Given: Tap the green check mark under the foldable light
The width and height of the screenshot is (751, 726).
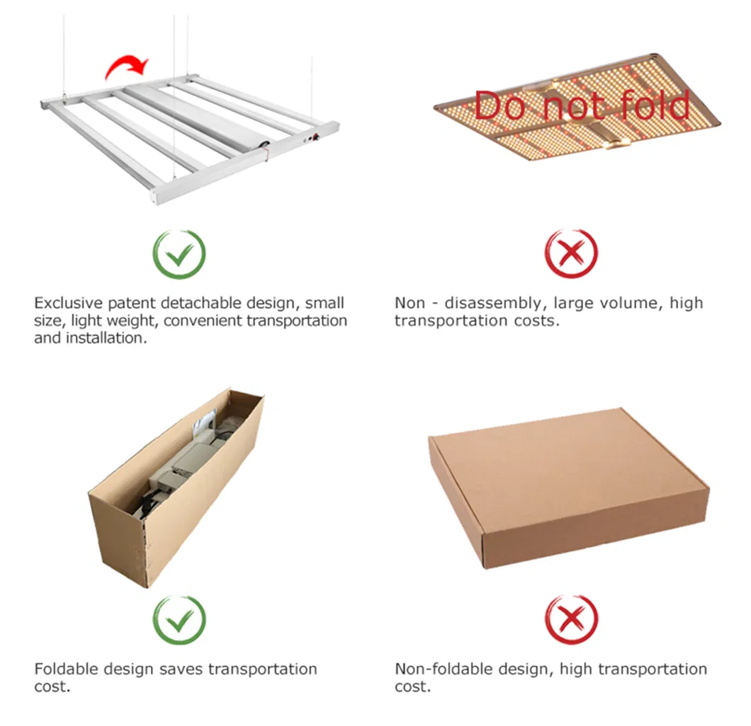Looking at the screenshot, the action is pyautogui.click(x=179, y=255).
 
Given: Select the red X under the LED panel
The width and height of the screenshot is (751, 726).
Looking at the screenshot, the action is pyautogui.click(x=571, y=253).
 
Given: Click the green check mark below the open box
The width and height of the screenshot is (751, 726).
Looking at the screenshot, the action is pyautogui.click(x=179, y=621).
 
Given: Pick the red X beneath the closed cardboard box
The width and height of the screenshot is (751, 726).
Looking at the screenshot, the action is pyautogui.click(x=571, y=620).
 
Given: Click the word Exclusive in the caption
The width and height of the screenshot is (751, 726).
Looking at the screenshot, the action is pyautogui.click(x=69, y=304).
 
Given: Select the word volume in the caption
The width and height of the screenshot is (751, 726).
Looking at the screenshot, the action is pyautogui.click(x=631, y=304).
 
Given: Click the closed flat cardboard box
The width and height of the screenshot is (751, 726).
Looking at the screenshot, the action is pyautogui.click(x=569, y=488).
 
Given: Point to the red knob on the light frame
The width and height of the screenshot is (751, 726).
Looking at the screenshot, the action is pyautogui.click(x=316, y=138).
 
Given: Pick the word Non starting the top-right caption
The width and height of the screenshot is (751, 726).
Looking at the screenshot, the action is pyautogui.click(x=410, y=304).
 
